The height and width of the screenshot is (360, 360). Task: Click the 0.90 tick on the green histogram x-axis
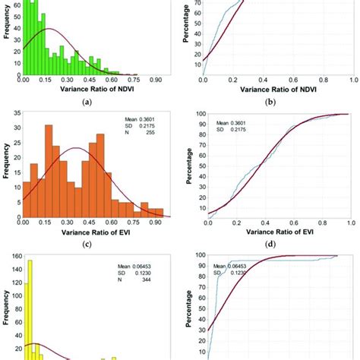[157, 79]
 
